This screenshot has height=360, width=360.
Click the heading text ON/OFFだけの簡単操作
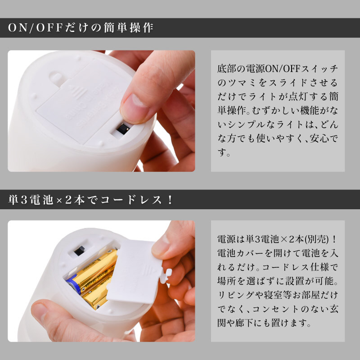pos(81,28)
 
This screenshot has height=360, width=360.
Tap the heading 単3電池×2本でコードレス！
pos(90,199)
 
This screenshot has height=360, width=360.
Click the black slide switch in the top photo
pos(123,129)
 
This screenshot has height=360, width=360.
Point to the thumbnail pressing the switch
pos(134,108)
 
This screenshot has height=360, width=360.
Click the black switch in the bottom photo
pos(80,251)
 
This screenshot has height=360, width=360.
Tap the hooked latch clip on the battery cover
pos(166,276)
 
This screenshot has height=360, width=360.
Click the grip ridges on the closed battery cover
pos(77,92)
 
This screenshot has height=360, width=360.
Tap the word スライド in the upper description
pos(288,83)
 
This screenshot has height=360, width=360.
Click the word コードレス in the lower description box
pos(286,267)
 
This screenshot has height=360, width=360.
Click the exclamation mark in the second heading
pos(170,200)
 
